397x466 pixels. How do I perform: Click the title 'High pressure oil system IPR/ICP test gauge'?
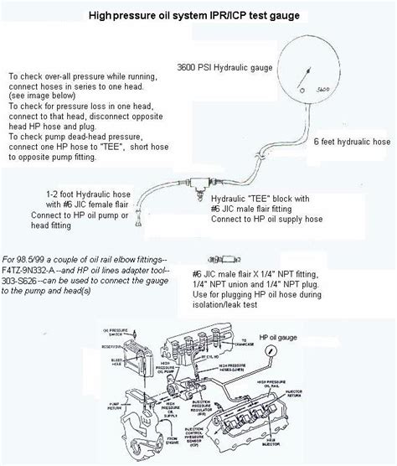pyautogui.click(x=198, y=14)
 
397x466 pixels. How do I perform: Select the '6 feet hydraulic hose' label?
pyautogui.click(x=352, y=143)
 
